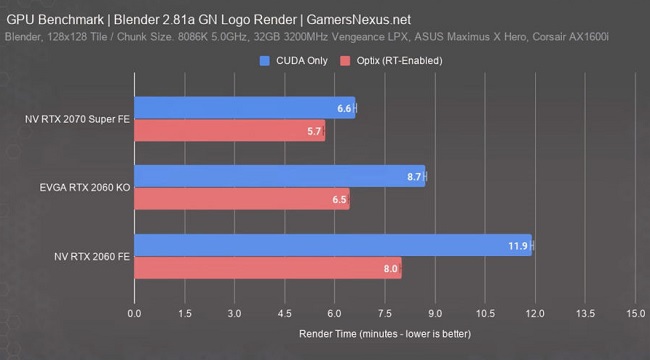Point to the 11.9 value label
tap(517, 246)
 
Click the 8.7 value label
tap(413, 177)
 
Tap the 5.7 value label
tap(314, 132)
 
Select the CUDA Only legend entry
tap(293, 61)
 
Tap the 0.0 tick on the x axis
tap(135, 313)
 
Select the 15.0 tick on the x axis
tap(633, 313)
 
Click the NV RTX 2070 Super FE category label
tap(77, 119)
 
